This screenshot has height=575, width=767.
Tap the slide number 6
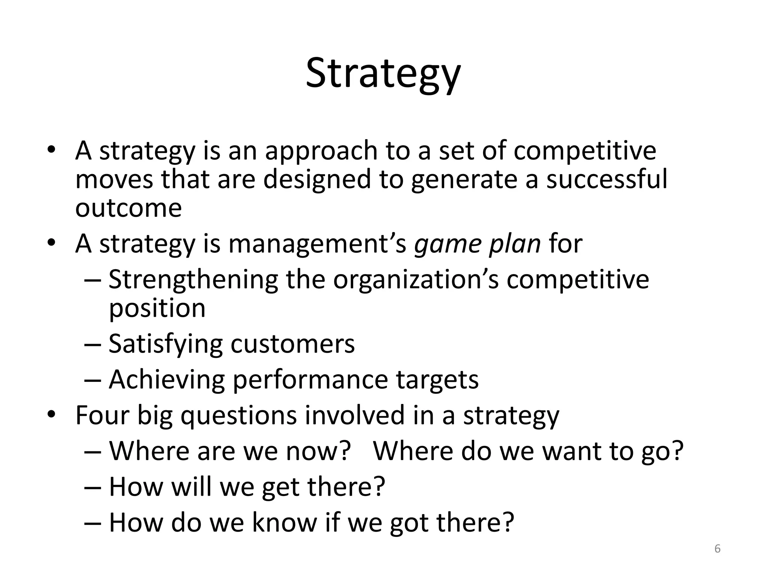[x=717, y=548]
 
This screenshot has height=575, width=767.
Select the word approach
[x=321, y=151]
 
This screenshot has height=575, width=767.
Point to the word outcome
[x=128, y=208]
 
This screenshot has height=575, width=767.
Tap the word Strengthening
[x=193, y=280]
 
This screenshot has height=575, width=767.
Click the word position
[x=157, y=309]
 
